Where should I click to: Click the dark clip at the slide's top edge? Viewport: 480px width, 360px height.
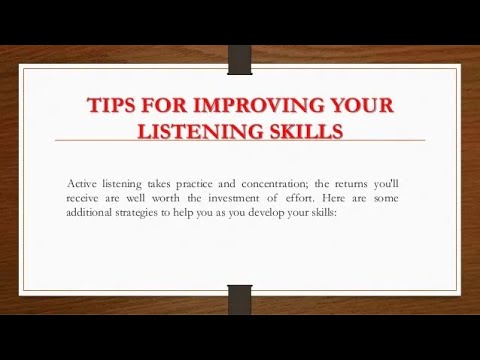point(240,58)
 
